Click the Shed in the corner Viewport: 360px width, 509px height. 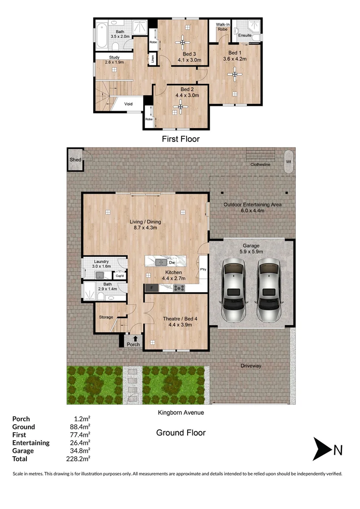coord(75,160)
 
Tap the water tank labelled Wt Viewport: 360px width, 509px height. coord(288,161)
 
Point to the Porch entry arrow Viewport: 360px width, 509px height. coord(136,338)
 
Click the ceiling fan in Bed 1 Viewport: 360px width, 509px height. coord(234,73)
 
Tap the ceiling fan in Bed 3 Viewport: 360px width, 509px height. coord(182,42)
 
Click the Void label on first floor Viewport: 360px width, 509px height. coord(128,104)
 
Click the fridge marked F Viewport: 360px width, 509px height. coord(151,287)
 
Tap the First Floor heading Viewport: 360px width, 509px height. coord(180,139)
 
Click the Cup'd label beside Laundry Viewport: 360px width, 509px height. coord(120,276)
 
